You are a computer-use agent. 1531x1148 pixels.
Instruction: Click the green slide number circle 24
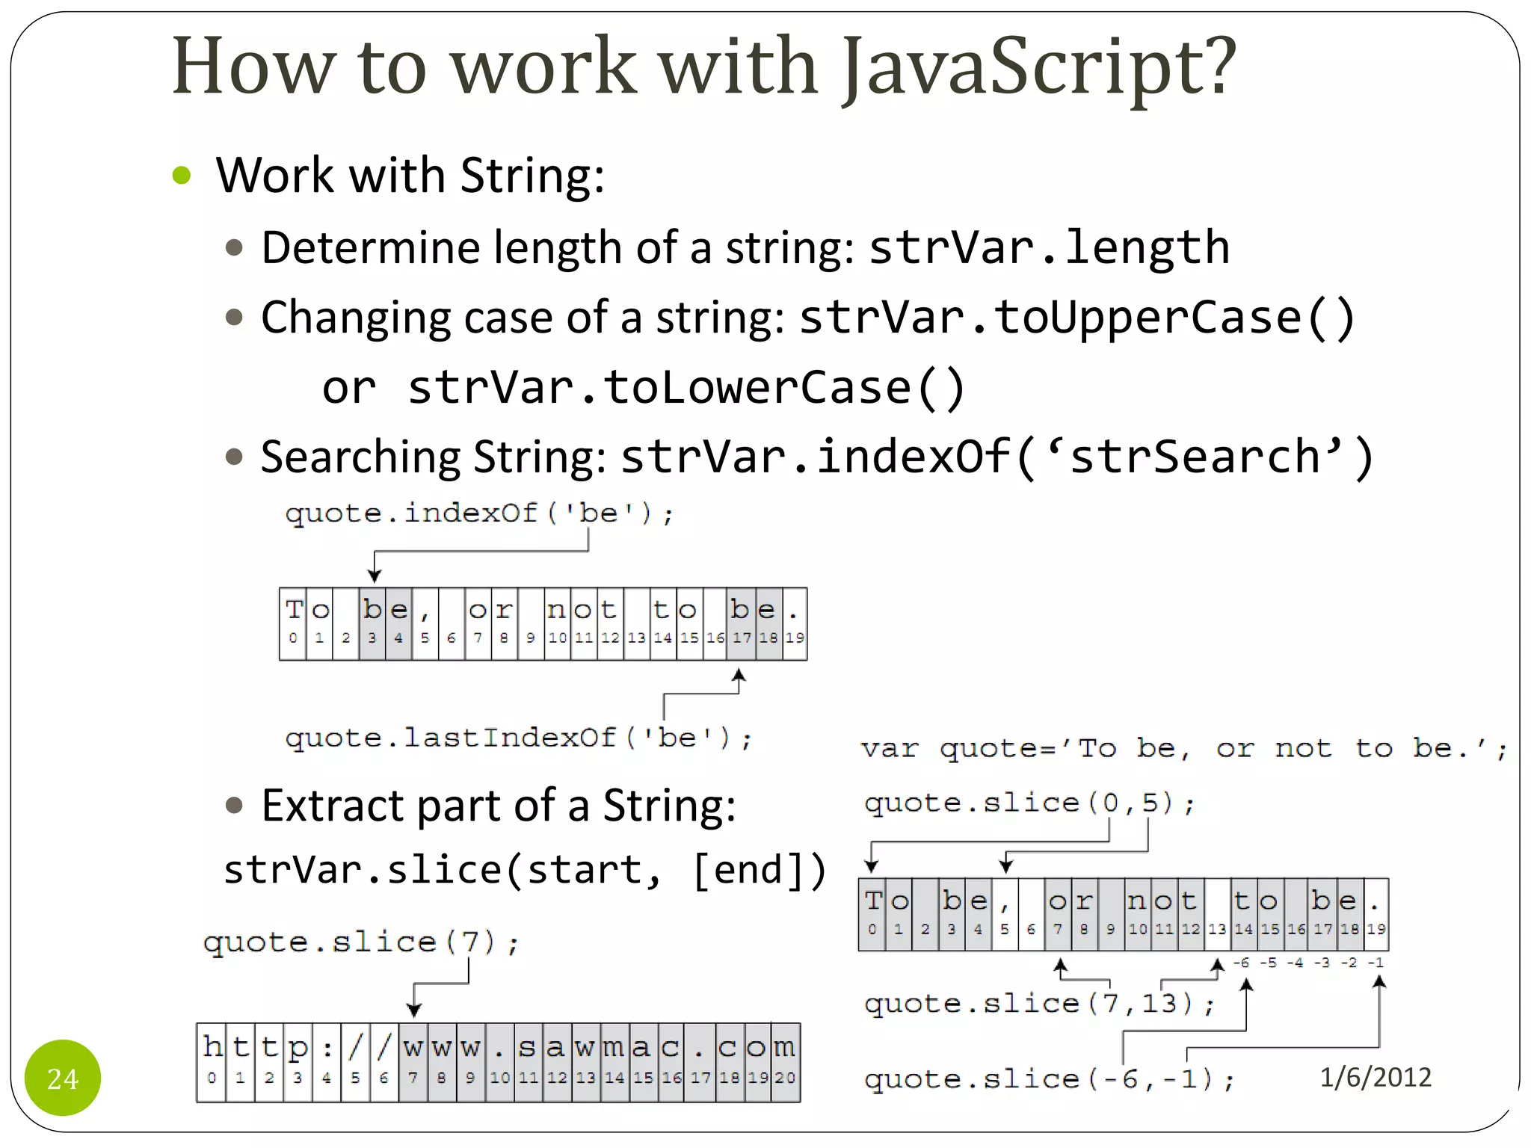coord(63,1077)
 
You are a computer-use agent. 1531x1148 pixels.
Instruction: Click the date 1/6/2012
coord(1375,1077)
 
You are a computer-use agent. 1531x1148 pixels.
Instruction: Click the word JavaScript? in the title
coord(1039,67)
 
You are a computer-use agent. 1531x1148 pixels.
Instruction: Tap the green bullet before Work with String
coord(182,176)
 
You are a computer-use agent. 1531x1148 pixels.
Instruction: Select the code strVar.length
coord(1049,247)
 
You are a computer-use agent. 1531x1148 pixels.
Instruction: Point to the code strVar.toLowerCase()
coord(686,387)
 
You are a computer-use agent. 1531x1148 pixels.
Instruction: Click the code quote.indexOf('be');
coord(479,513)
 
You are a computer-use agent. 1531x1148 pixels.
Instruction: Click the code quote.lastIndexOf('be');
coord(518,738)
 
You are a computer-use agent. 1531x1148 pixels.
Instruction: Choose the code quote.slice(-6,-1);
coord(1048,1079)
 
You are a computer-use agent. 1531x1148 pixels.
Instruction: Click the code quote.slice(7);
coord(360,942)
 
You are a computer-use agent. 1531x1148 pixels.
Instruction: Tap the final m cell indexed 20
coord(785,1061)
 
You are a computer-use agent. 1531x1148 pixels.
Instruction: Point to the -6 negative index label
coord(1241,963)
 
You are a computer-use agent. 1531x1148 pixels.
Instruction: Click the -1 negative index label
coord(1376,963)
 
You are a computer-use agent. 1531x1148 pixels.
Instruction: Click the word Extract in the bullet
coord(333,806)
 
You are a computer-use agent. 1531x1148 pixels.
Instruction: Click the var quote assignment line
coord(1183,748)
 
